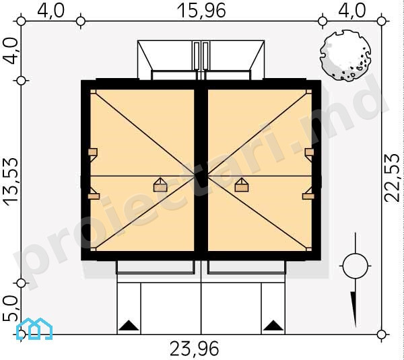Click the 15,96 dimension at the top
(201, 11)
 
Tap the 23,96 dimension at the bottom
(195, 349)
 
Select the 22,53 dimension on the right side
(392, 178)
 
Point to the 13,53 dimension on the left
(11, 182)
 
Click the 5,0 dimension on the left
(10, 308)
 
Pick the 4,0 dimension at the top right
(351, 11)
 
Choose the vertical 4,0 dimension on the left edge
(10, 50)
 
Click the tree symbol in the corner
(345, 56)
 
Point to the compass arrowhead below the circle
(354, 310)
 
